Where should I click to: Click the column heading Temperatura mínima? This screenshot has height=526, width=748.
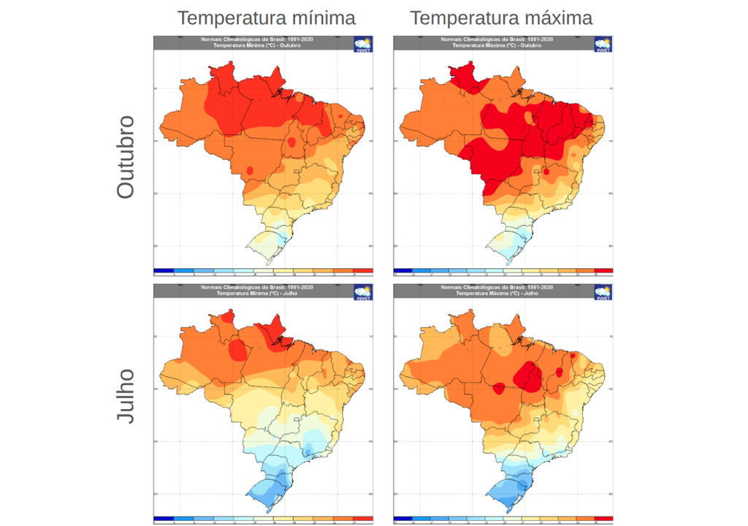267,18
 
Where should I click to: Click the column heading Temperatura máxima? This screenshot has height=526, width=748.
500,18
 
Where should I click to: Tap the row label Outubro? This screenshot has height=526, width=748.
126,156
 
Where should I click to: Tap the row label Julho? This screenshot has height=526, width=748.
126,396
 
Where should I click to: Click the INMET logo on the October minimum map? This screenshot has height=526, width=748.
363,44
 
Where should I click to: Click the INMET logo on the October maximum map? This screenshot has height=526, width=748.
603,44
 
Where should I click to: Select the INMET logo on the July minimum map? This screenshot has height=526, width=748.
363,292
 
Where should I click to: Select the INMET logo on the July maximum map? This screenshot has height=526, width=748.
603,292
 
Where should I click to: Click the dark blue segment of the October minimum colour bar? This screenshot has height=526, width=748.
164,270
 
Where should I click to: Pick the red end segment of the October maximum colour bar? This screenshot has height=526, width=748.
604,270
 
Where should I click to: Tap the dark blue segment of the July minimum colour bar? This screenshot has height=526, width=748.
164,519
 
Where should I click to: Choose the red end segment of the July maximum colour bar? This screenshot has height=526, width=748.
604,519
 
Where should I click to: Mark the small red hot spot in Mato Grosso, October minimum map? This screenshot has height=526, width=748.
250,170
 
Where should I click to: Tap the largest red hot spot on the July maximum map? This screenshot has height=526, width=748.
527,377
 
